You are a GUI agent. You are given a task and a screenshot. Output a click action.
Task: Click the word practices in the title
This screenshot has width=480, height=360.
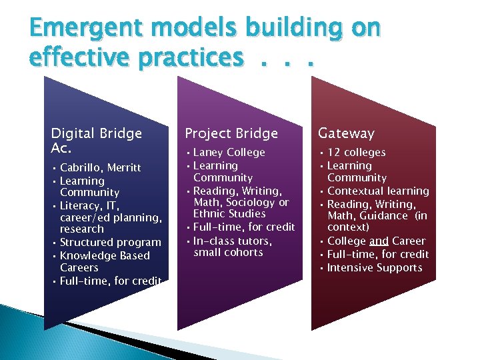pyautogui.click(x=192, y=57)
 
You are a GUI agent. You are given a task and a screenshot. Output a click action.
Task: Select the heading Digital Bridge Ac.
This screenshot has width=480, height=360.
pyautogui.click(x=96, y=139)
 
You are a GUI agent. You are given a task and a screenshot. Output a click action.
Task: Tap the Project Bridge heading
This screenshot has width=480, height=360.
pyautogui.click(x=231, y=133)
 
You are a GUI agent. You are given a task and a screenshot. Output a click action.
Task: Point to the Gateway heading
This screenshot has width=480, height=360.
pyautogui.click(x=346, y=133)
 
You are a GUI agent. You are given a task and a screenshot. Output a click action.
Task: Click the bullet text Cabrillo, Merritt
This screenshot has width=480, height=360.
pyautogui.click(x=100, y=167)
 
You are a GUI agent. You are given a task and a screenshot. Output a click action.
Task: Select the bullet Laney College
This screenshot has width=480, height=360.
pyautogui.click(x=229, y=153)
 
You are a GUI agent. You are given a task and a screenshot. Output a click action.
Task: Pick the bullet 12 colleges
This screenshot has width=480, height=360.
pyautogui.click(x=356, y=153)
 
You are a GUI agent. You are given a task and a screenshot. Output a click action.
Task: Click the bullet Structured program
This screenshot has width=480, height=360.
pyautogui.click(x=110, y=243)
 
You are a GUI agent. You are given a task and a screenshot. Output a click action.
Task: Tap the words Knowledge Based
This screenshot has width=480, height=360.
pyautogui.click(x=105, y=256)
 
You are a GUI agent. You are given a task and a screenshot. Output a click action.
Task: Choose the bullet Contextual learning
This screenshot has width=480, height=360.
pyautogui.click(x=378, y=191)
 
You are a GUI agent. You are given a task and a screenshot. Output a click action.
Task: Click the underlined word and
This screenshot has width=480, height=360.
pyautogui.click(x=379, y=241)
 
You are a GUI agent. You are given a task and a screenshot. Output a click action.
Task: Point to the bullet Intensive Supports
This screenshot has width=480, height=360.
pyautogui.click(x=375, y=268)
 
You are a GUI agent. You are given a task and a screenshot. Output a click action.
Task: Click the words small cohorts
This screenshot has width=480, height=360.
pyautogui.click(x=228, y=253)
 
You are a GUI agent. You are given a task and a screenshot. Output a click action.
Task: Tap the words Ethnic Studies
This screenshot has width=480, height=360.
pyautogui.click(x=229, y=214)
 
